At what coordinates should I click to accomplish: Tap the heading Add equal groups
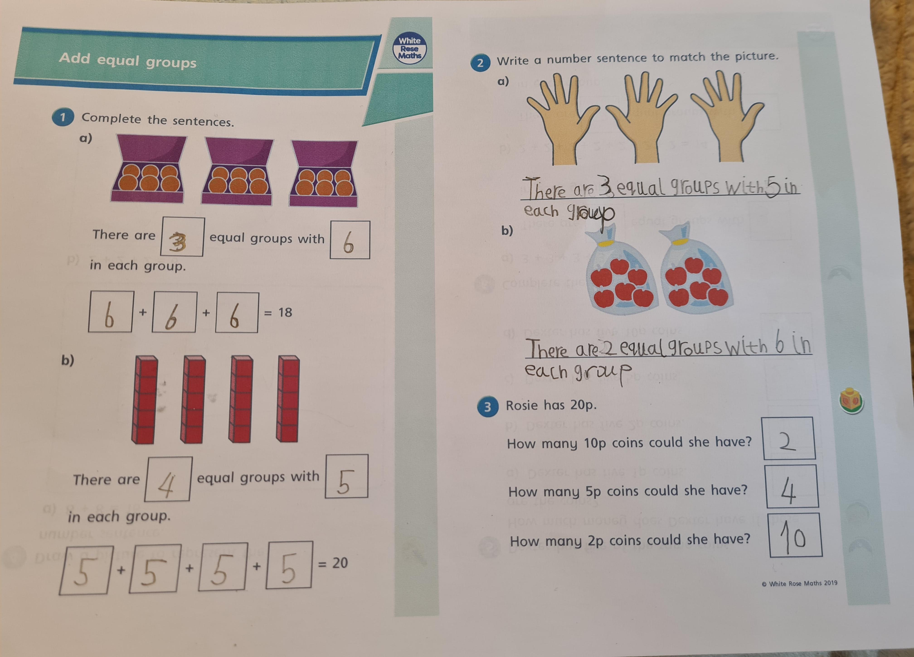click(128, 60)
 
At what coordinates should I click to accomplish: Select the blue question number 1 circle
click(63, 117)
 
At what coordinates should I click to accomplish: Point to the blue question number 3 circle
click(487, 407)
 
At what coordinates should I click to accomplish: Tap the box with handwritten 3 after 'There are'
click(182, 237)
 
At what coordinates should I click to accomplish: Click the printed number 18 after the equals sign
click(285, 312)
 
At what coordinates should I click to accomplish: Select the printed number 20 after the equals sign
click(340, 563)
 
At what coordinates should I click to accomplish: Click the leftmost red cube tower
click(144, 400)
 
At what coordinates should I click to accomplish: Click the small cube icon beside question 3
click(851, 401)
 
